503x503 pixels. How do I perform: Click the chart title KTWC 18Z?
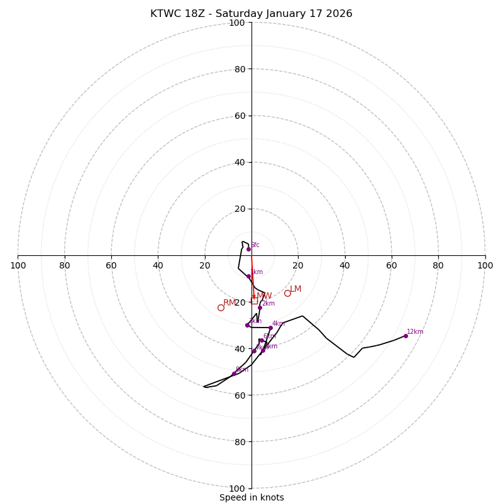[251, 14]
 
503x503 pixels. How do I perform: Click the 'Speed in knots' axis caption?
[251, 497]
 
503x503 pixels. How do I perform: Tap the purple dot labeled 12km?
[406, 336]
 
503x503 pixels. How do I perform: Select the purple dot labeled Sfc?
[248, 249]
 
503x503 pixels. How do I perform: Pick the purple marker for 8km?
[234, 374]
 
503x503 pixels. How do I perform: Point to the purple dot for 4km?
[271, 328]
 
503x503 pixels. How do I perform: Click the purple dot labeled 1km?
[248, 276]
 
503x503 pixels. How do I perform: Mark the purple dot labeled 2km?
[260, 307]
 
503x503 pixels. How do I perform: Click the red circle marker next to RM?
[221, 307]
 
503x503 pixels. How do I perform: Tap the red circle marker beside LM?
[287, 293]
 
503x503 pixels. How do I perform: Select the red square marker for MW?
[254, 301]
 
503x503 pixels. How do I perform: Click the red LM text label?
[296, 289]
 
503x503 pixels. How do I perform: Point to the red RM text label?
[229, 303]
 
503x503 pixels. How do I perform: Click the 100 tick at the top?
[237, 23]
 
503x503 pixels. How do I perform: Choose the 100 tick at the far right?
[485, 265]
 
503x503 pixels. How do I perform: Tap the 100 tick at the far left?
[18, 265]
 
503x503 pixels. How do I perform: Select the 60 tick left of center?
[111, 265]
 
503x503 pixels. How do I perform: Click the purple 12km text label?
[415, 331]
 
